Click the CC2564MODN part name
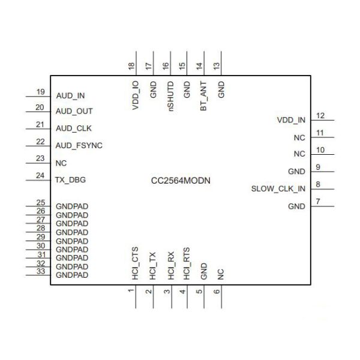(x=180, y=180)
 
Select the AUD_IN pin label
(x=70, y=95)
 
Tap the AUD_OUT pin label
(x=74, y=112)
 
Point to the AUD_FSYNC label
(x=79, y=145)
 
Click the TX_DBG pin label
(x=71, y=179)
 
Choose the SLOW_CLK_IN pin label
(x=278, y=189)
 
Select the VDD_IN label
(x=291, y=120)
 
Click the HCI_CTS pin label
(x=136, y=265)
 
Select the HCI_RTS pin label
(x=187, y=265)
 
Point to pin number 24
(x=41, y=176)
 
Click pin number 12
(x=320, y=116)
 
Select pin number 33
(x=41, y=271)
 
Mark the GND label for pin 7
(x=296, y=206)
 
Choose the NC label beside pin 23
(x=61, y=163)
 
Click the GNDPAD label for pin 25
(x=72, y=206)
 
